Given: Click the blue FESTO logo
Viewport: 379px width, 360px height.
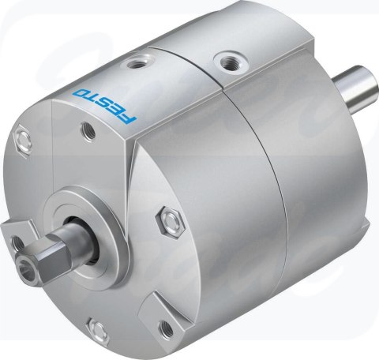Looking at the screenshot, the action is click(105, 105).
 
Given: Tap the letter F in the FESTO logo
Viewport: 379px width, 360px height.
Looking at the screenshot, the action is click(129, 118).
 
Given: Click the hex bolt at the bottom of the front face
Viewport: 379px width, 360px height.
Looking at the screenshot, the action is click(99, 329).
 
